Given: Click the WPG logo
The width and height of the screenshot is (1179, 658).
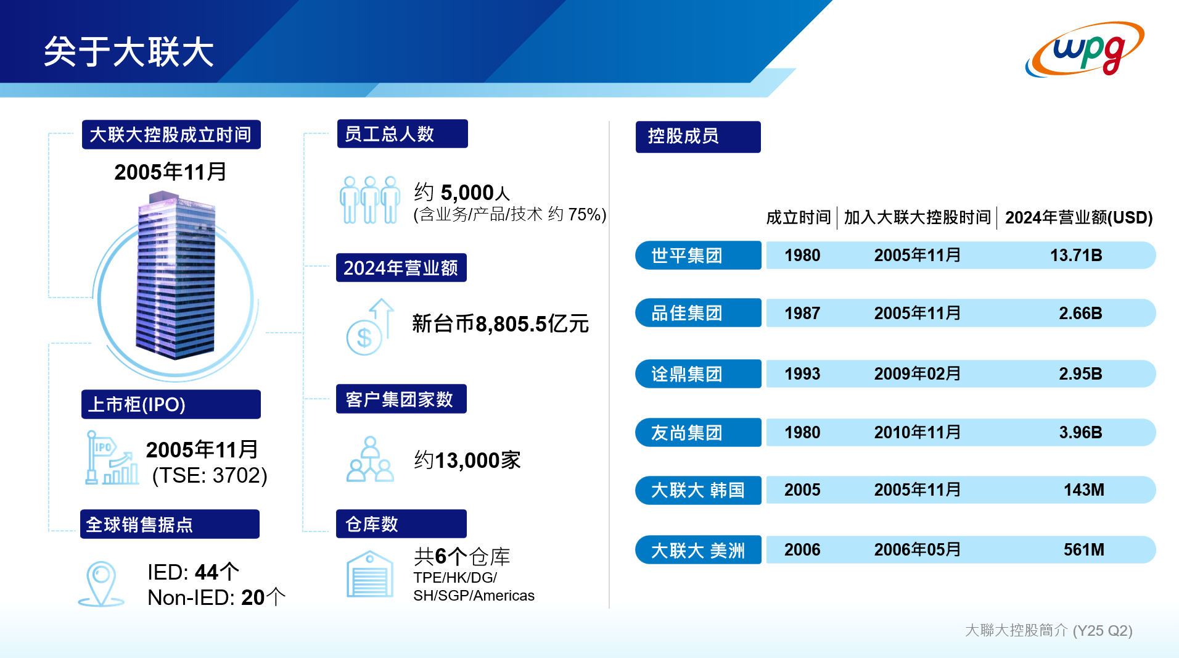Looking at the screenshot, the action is coord(1085,49).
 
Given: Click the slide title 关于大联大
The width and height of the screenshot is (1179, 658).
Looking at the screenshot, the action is coord(129,51).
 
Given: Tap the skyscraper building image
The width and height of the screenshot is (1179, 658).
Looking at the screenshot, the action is coord(176,275).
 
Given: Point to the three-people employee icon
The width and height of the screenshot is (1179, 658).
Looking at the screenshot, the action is coord(370,199).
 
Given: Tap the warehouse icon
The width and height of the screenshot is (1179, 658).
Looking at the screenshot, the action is coord(370,574).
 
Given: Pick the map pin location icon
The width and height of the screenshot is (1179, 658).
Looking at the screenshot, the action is coord(101,583).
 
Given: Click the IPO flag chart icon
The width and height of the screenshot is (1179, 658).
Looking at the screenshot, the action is coord(112,457).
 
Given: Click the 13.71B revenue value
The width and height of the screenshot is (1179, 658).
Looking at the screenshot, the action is coord(1076,255).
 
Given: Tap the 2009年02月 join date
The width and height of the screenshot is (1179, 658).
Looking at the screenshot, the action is coord(918,373).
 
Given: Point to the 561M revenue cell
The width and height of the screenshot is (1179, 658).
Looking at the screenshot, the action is coord(1083,549).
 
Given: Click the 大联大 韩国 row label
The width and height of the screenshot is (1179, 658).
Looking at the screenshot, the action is coord(698,490).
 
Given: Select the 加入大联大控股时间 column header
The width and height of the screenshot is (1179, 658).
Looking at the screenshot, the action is coord(917,217).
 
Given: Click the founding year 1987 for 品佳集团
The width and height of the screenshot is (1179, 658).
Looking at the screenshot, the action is coord(802,313).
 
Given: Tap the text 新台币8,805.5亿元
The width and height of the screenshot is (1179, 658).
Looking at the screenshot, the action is coord(500,323).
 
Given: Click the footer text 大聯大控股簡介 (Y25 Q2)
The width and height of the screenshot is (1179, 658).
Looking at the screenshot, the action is coord(1048,630).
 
